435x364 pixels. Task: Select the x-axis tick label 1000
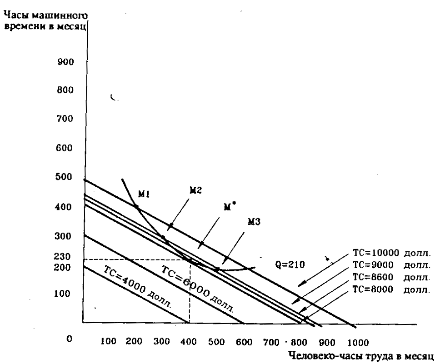pos(359,341)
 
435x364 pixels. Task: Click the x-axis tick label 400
pos(187,341)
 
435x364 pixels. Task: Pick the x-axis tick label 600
pos(244,341)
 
